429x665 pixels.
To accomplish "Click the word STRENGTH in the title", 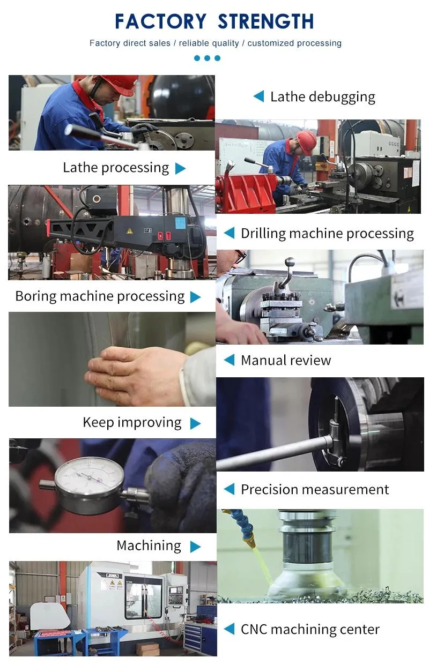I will (x=265, y=21).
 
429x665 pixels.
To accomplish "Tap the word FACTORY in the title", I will (x=160, y=21).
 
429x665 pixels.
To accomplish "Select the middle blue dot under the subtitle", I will (x=207, y=58).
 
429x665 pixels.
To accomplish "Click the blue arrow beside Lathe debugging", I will (x=258, y=96).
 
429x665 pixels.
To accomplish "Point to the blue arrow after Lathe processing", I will (x=181, y=168).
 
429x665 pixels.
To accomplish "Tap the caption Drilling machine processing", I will (x=327, y=234).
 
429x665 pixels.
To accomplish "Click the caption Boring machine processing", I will (x=100, y=296).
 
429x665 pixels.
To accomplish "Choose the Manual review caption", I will (x=286, y=361).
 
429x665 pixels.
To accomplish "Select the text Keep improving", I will (x=132, y=423).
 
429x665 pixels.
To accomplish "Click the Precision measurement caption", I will (x=315, y=490).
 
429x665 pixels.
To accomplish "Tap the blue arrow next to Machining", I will (x=196, y=547).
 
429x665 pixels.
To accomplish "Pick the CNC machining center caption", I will (x=310, y=630).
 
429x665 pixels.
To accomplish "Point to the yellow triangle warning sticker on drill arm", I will (x=129, y=230).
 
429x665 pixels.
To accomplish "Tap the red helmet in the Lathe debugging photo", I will (x=306, y=141).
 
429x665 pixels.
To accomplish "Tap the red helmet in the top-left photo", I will (x=119, y=83).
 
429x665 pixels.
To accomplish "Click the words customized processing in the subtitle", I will (x=294, y=43).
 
